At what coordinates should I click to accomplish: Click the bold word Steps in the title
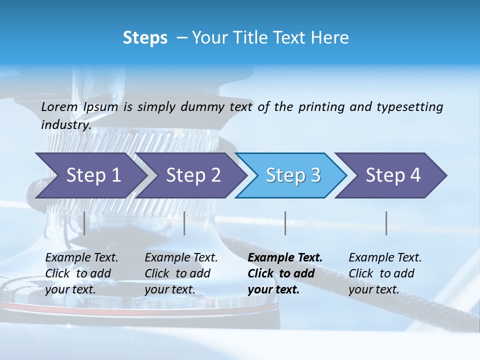click(x=145, y=38)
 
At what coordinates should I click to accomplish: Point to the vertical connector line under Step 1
click(x=84, y=223)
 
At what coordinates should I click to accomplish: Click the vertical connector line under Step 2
click(x=184, y=223)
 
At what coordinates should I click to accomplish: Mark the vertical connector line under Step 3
click(x=285, y=223)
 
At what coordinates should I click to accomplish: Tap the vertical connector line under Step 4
click(x=386, y=223)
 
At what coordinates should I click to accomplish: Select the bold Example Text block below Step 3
click(x=285, y=273)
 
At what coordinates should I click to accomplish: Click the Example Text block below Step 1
click(x=81, y=273)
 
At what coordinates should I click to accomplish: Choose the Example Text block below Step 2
click(x=181, y=273)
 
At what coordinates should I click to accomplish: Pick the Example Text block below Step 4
click(x=385, y=273)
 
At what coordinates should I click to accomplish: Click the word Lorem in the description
click(x=59, y=107)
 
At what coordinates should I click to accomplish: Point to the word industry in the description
click(x=65, y=125)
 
